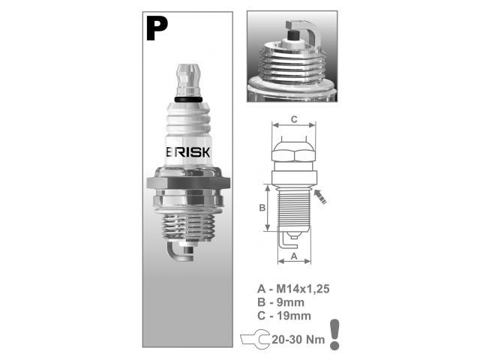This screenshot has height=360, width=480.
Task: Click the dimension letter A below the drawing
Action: click(x=294, y=256)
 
